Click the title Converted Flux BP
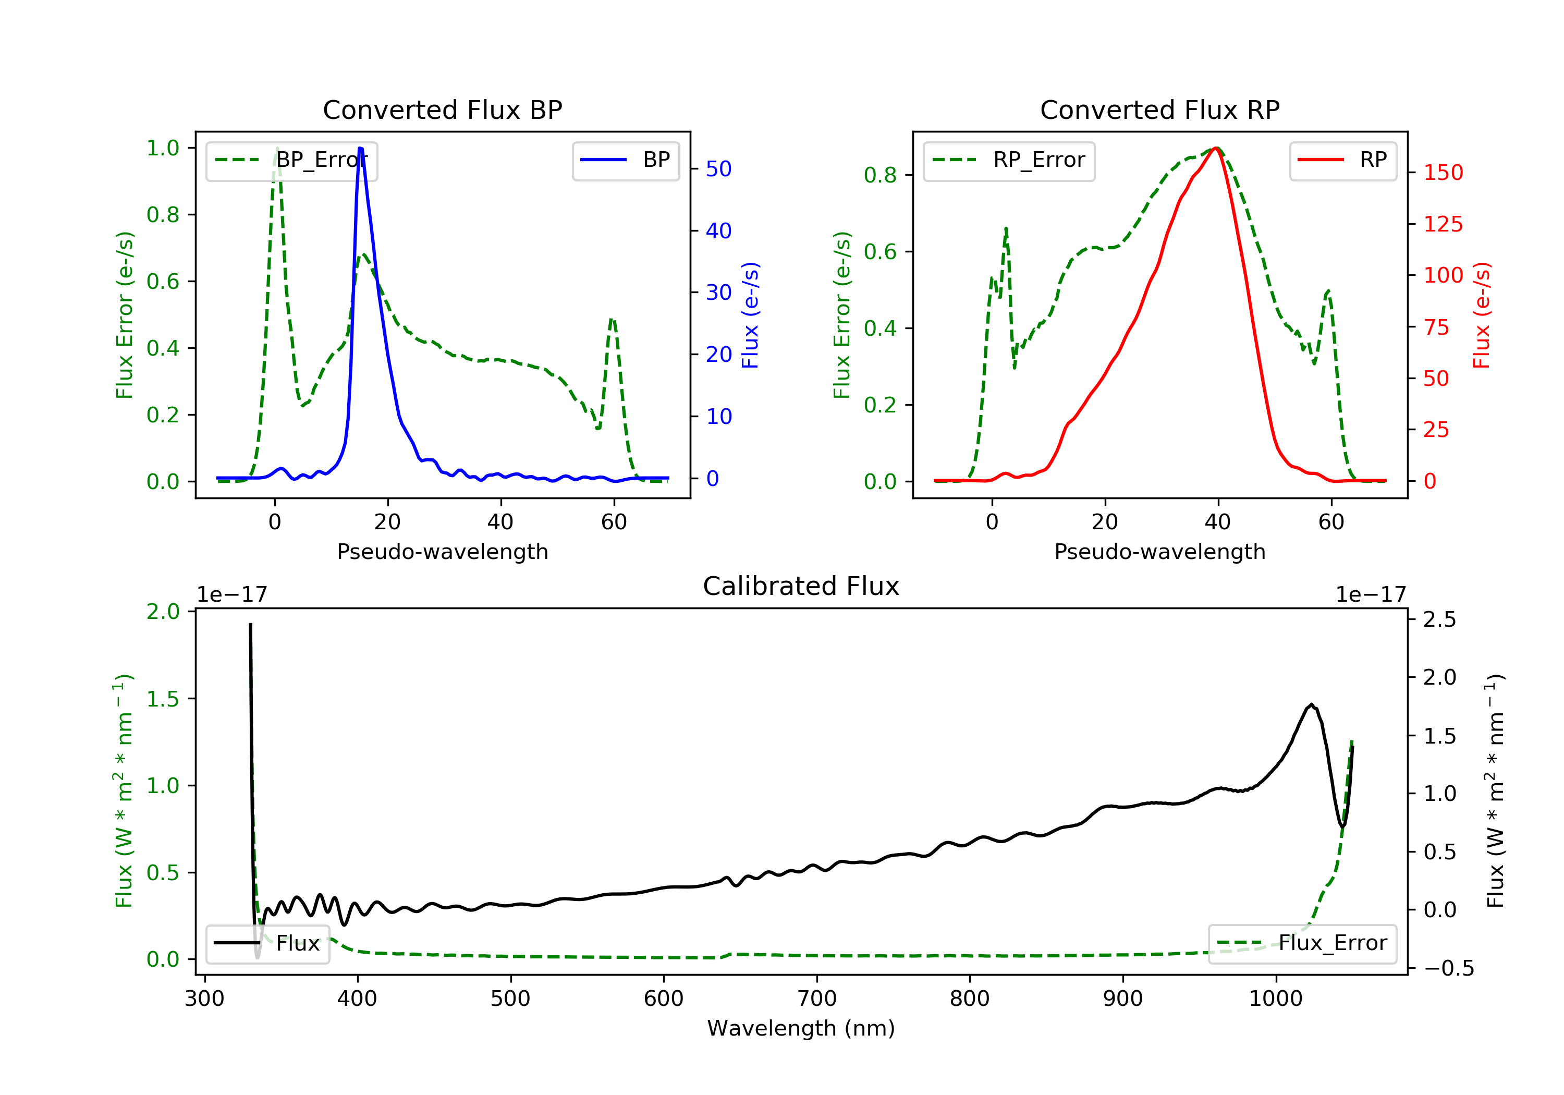443,110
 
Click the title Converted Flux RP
1160,110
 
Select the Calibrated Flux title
801,586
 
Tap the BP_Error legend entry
291,160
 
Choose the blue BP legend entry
625,160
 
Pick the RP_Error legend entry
1009,160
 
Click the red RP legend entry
1342,160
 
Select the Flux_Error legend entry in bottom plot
1302,943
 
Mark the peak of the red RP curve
1216,148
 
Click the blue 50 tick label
718,169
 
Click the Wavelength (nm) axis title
801,1028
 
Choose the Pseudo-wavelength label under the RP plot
1160,551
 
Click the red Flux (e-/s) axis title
1482,315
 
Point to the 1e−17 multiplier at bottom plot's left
231,595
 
